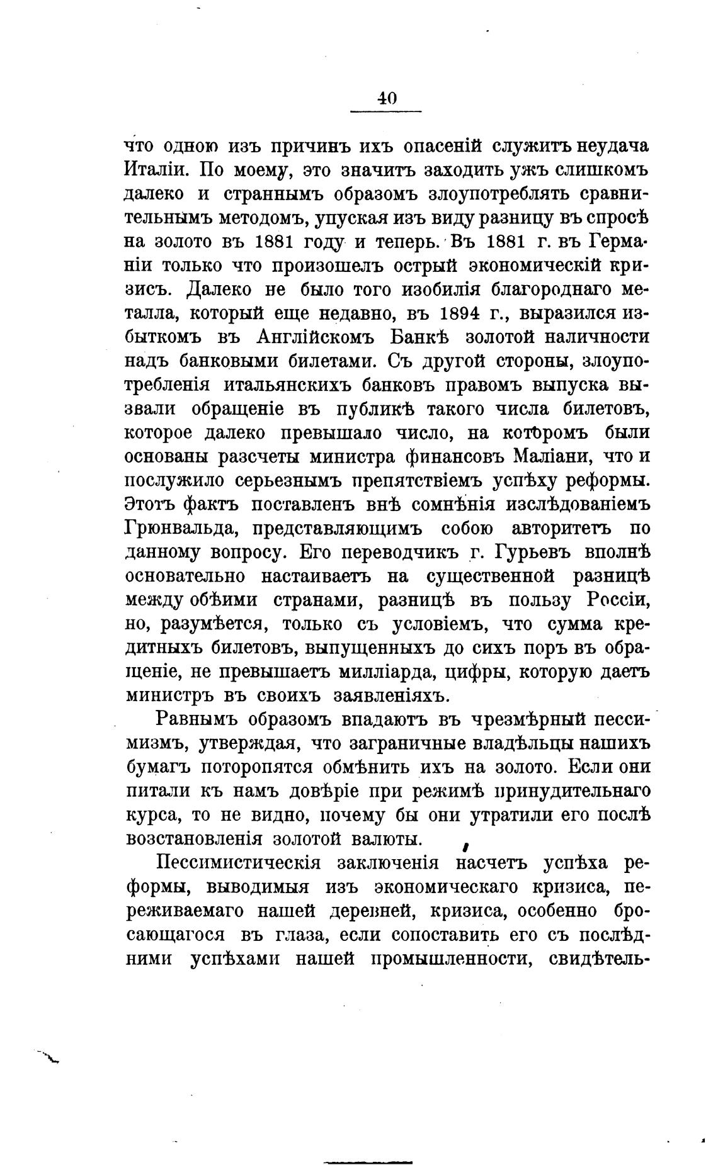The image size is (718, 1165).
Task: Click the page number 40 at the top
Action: pos(386,98)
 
